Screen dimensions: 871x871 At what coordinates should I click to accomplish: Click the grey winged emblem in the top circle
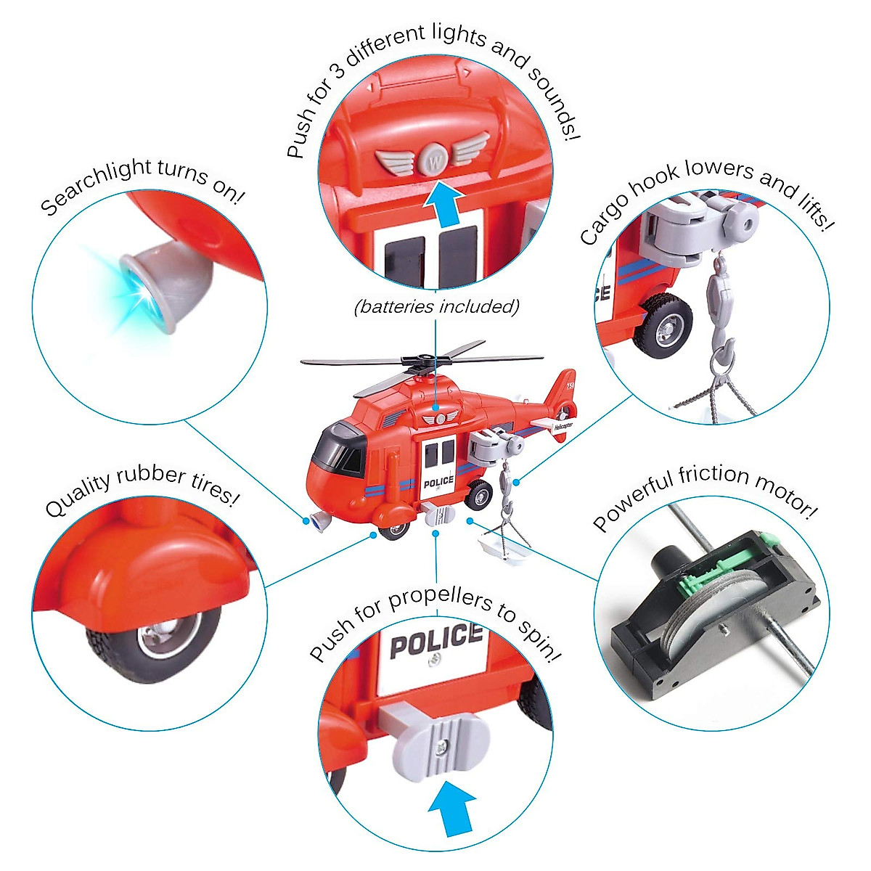click(433, 157)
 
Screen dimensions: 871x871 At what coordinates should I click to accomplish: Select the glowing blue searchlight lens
click(136, 288)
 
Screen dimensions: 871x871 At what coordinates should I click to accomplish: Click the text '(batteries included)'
click(437, 306)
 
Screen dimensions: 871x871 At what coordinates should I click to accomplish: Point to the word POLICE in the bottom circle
click(435, 641)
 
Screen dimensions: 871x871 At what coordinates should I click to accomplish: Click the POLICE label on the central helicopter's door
click(438, 483)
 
